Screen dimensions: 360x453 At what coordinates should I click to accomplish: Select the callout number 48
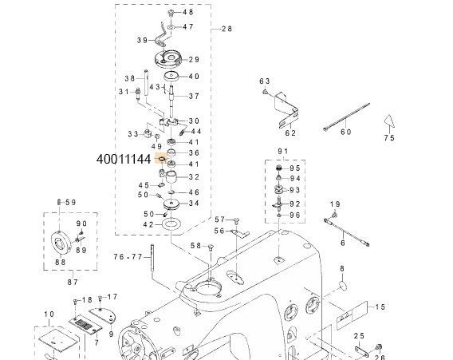click(x=188, y=14)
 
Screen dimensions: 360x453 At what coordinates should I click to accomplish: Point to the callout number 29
click(x=195, y=60)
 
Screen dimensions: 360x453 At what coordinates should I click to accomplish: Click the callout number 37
click(x=194, y=97)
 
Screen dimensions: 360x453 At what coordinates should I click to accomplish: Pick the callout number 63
click(x=265, y=81)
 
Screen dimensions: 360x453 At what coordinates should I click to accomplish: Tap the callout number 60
click(x=345, y=133)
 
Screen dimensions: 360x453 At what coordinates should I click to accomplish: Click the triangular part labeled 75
click(x=389, y=121)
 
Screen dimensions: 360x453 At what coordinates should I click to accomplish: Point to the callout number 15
click(x=380, y=307)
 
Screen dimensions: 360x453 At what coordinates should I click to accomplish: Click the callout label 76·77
click(x=128, y=256)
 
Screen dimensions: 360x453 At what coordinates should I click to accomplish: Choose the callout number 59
click(x=69, y=202)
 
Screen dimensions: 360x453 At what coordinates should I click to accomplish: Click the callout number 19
click(x=335, y=204)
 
